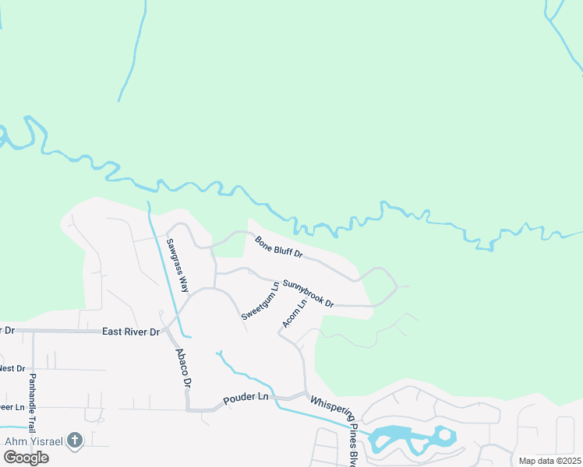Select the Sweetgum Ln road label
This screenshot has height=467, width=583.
point(260,301)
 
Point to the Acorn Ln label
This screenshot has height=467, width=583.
point(295,312)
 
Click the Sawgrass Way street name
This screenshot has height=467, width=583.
point(177,265)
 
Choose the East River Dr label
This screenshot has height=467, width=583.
point(131,332)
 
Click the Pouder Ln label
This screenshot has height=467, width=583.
point(246,397)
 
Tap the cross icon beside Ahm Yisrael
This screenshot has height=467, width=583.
point(75,441)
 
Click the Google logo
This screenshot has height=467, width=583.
point(26,458)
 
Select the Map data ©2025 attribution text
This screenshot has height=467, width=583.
point(549,461)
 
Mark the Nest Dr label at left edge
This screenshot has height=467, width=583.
point(12,367)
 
